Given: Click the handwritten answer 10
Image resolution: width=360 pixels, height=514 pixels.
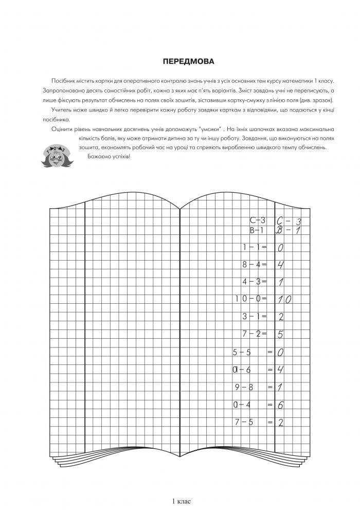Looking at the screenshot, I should click(284, 300).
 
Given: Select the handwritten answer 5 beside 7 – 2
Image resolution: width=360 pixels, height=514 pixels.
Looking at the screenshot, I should click(281, 335).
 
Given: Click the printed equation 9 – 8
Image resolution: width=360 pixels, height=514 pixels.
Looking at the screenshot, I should click(244, 387).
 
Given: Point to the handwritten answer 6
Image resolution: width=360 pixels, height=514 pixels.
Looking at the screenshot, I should click(281, 405).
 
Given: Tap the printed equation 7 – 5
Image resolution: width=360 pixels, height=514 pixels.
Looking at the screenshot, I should click(244, 422).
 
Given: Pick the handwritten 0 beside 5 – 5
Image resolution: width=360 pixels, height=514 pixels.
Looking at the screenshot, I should click(281, 353).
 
